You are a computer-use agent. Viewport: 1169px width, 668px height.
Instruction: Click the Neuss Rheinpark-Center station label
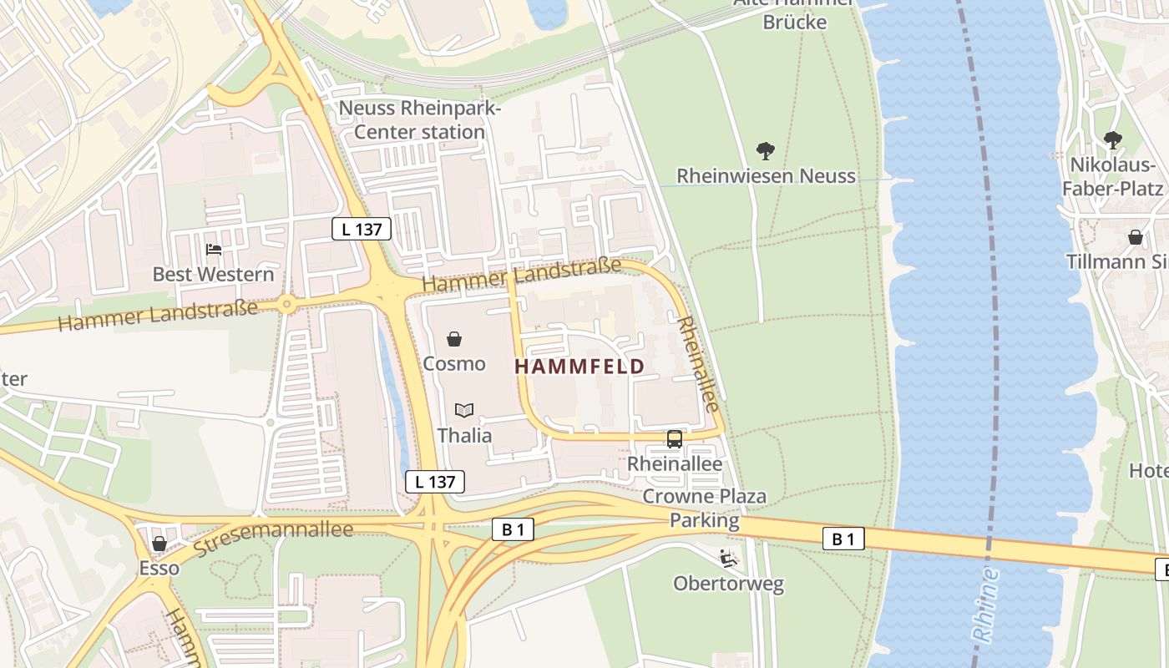pos(419,120)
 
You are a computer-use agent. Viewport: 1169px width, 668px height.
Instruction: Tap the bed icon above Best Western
pos(214,250)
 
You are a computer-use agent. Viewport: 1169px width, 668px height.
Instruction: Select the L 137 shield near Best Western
pos(361,229)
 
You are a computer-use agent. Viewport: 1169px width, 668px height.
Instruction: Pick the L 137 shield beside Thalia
pos(434,481)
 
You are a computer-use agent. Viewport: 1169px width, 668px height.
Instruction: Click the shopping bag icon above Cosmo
pos(454,339)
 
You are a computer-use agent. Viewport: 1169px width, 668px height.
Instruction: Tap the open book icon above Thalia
pos(464,410)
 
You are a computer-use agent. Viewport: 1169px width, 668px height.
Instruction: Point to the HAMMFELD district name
pos(579,367)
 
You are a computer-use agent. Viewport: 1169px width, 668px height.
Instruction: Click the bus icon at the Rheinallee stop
pos(674,439)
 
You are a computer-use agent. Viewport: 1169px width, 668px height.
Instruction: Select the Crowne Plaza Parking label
pos(705,509)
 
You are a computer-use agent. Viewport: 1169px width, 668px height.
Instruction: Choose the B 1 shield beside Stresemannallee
pos(513,529)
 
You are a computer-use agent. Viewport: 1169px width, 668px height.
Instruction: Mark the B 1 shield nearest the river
pos(843,539)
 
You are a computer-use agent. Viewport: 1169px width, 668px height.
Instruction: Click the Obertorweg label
pos(729,584)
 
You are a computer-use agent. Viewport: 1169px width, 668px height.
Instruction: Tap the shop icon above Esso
pos(159,544)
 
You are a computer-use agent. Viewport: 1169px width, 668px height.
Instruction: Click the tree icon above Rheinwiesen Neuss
pos(765,151)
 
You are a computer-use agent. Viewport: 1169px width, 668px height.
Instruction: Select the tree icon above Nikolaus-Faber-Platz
pos(1112,139)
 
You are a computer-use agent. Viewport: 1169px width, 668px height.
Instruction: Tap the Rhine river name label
pos(987,603)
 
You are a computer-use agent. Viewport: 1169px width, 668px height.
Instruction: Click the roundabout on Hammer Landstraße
pos(287,304)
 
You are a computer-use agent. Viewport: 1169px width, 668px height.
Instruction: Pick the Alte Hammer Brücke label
pos(794,13)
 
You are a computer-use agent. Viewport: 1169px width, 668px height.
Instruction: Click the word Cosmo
pos(454,364)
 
